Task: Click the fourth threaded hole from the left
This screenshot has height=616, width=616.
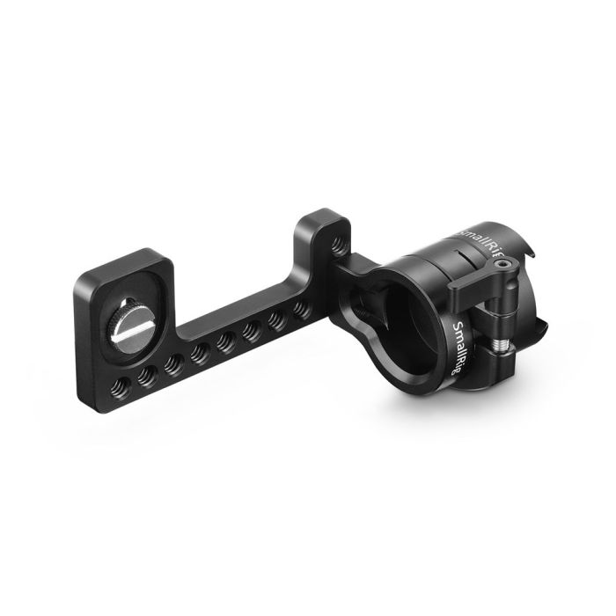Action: (197, 350)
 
